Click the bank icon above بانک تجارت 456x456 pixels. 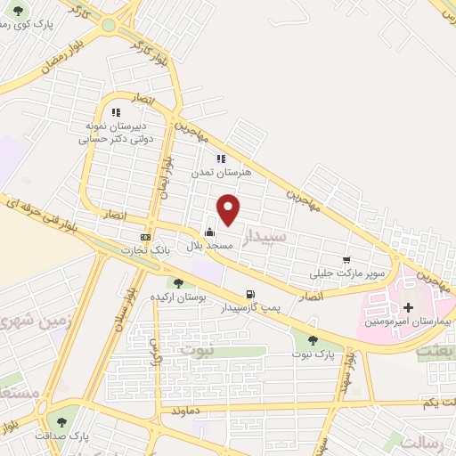145,237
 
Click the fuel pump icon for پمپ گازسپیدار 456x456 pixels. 250,295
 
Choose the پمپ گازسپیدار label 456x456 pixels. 250,308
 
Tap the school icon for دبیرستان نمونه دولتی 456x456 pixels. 115,112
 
